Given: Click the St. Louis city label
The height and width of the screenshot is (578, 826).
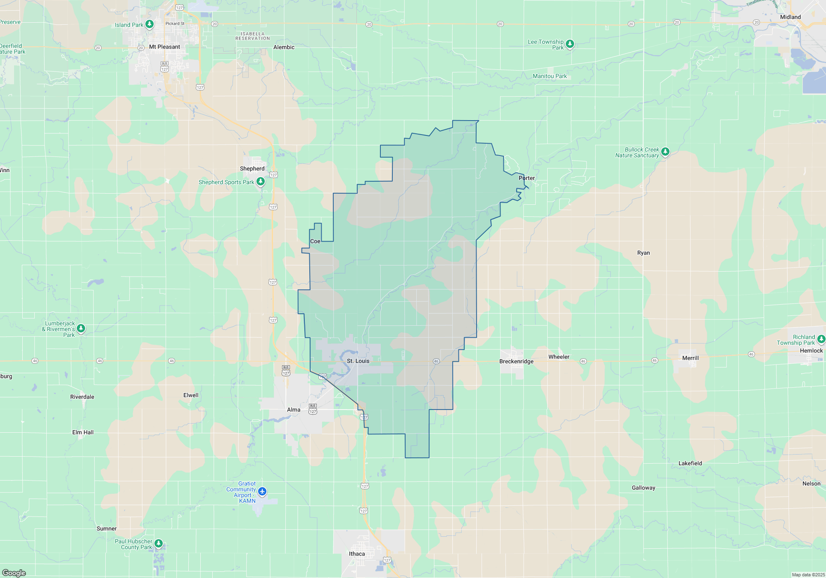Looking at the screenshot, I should [x=358, y=361].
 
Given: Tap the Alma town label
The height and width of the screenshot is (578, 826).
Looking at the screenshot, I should [x=294, y=410].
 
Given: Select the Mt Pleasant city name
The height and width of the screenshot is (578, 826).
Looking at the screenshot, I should [x=164, y=47].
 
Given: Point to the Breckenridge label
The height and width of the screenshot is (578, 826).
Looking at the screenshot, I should [x=516, y=361].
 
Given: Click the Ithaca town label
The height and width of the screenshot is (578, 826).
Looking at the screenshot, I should [x=357, y=554].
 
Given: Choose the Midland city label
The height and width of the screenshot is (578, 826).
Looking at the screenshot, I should [x=790, y=17].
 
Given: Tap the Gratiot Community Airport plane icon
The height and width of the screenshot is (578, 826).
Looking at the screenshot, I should [x=262, y=491].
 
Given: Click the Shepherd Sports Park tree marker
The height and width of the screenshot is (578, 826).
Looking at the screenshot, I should [x=261, y=181].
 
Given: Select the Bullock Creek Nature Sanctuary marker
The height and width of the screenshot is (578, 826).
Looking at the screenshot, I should [x=665, y=152].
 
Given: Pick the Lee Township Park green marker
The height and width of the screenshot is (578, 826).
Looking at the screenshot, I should [x=570, y=44].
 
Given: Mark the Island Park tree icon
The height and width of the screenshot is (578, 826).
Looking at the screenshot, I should [x=150, y=24].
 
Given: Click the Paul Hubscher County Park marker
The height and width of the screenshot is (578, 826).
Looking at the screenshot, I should [x=159, y=543].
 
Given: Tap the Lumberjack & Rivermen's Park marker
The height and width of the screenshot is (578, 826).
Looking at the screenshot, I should [x=81, y=328].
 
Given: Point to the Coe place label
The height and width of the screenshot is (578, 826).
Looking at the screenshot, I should [x=315, y=241].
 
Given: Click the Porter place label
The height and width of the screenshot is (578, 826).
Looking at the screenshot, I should [x=527, y=178].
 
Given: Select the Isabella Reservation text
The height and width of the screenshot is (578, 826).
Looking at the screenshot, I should [x=253, y=36].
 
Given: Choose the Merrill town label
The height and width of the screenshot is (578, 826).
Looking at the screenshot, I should [x=691, y=358].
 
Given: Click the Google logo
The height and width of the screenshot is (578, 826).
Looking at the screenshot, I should [x=14, y=573].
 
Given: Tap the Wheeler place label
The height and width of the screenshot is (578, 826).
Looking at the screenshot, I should [x=559, y=357].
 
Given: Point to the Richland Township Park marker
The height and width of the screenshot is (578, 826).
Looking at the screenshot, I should [x=821, y=339].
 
